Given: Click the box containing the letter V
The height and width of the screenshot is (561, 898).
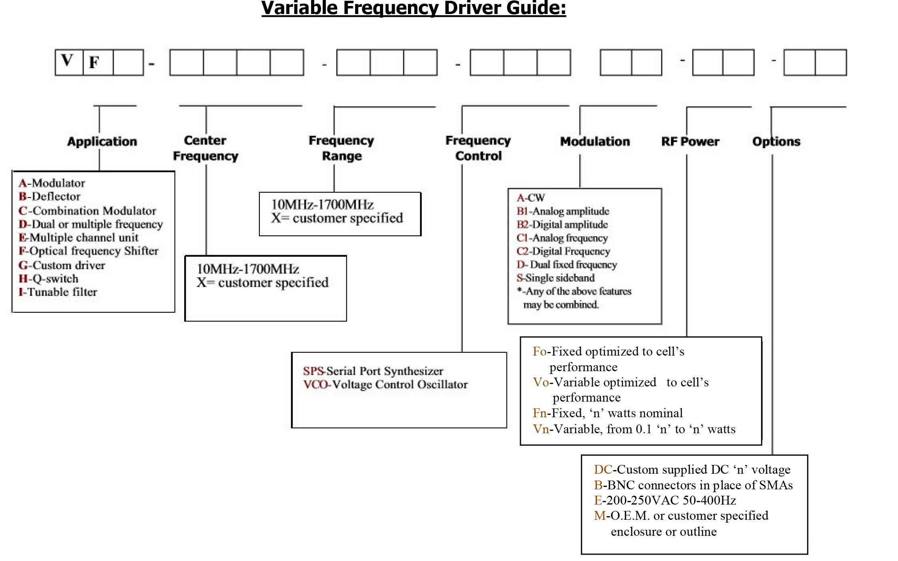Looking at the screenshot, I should click(69, 62).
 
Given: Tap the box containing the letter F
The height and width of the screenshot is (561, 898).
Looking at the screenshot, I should click(98, 62).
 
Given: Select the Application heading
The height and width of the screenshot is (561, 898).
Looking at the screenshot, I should click(102, 141).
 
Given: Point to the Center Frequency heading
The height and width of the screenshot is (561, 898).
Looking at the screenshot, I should click(205, 148).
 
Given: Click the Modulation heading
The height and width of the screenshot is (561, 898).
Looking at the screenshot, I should click(595, 141).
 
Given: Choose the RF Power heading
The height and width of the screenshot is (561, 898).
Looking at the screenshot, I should click(690, 141).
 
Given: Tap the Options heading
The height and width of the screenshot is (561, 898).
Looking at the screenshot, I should click(776, 141).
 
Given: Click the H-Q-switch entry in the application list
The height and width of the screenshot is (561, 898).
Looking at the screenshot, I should click(48, 278).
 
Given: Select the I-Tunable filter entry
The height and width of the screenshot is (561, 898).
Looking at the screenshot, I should click(58, 292).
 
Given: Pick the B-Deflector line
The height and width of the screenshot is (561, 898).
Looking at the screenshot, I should click(50, 196).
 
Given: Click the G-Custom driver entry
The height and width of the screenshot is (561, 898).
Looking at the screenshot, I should click(62, 265).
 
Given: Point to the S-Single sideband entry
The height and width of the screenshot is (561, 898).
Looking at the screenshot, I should click(555, 277).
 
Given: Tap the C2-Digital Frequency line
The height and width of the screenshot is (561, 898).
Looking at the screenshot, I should click(563, 251).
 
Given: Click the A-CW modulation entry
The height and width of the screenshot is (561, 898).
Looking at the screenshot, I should click(530, 197).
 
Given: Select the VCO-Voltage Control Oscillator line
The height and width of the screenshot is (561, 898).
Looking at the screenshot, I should click(385, 384).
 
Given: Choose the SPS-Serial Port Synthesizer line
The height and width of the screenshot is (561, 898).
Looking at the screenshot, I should click(373, 371).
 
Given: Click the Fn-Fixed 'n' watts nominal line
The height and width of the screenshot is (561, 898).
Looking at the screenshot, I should click(607, 413).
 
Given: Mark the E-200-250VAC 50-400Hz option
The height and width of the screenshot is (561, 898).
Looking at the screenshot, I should click(665, 500).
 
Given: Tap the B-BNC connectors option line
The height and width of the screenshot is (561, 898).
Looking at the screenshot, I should click(693, 485).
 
